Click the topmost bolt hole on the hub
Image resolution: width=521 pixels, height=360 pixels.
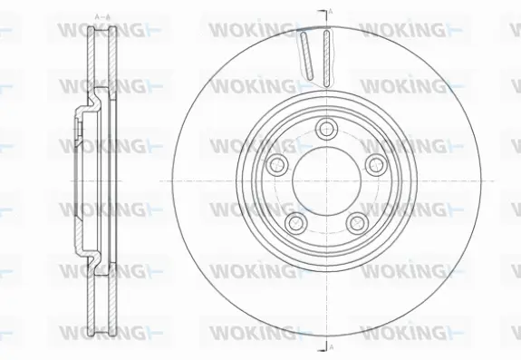click(x=325, y=128)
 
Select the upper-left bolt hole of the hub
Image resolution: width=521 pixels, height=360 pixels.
click(x=277, y=163)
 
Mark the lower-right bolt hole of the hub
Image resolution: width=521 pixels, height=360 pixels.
click(x=355, y=221)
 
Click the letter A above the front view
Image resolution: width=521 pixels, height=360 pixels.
click(x=331, y=11)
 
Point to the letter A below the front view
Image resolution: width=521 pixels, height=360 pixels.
click(x=331, y=347)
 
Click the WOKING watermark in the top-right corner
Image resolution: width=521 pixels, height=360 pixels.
click(x=403, y=29)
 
